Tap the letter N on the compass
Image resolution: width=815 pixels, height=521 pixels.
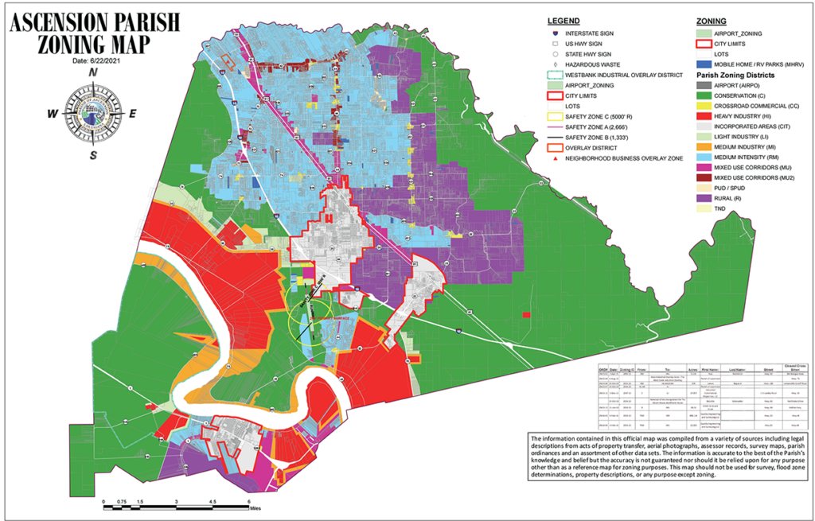(93, 72)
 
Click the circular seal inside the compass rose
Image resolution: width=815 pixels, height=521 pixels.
(93, 113)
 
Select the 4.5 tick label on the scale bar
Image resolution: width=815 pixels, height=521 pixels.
(213, 502)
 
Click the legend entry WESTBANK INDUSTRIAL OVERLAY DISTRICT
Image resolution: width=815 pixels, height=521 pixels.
(620, 74)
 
